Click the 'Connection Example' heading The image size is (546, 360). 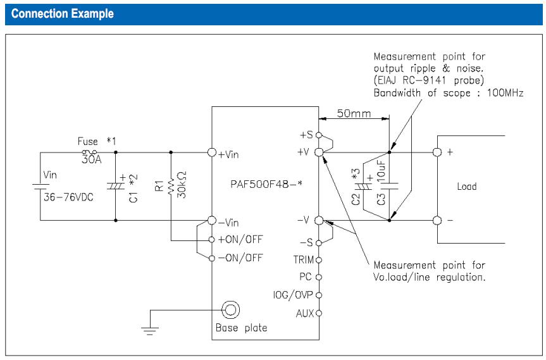[x=63, y=13]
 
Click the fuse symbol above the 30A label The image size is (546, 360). [x=89, y=152]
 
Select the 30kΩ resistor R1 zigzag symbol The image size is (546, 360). [x=171, y=187]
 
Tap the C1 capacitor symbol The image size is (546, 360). [x=116, y=186]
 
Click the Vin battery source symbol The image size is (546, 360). [x=40, y=187]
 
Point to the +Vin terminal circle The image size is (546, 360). [x=212, y=152]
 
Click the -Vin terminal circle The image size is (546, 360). [x=212, y=220]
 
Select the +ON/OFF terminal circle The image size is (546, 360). [x=212, y=240]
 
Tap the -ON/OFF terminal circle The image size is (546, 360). [x=212, y=258]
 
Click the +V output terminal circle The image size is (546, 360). [x=319, y=152]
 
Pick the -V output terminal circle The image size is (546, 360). [x=319, y=220]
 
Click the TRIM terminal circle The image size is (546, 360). [x=319, y=260]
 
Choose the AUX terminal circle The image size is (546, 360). [x=319, y=313]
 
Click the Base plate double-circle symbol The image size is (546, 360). [x=230, y=309]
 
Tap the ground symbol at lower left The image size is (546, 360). [x=150, y=331]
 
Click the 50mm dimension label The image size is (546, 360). [x=354, y=113]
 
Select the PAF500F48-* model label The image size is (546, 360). [x=266, y=184]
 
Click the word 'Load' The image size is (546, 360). [x=467, y=186]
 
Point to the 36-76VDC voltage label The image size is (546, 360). [x=68, y=197]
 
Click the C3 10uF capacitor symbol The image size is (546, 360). [x=389, y=185]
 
